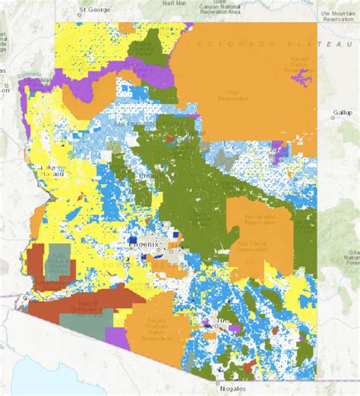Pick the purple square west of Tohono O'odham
coord(113,335)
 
